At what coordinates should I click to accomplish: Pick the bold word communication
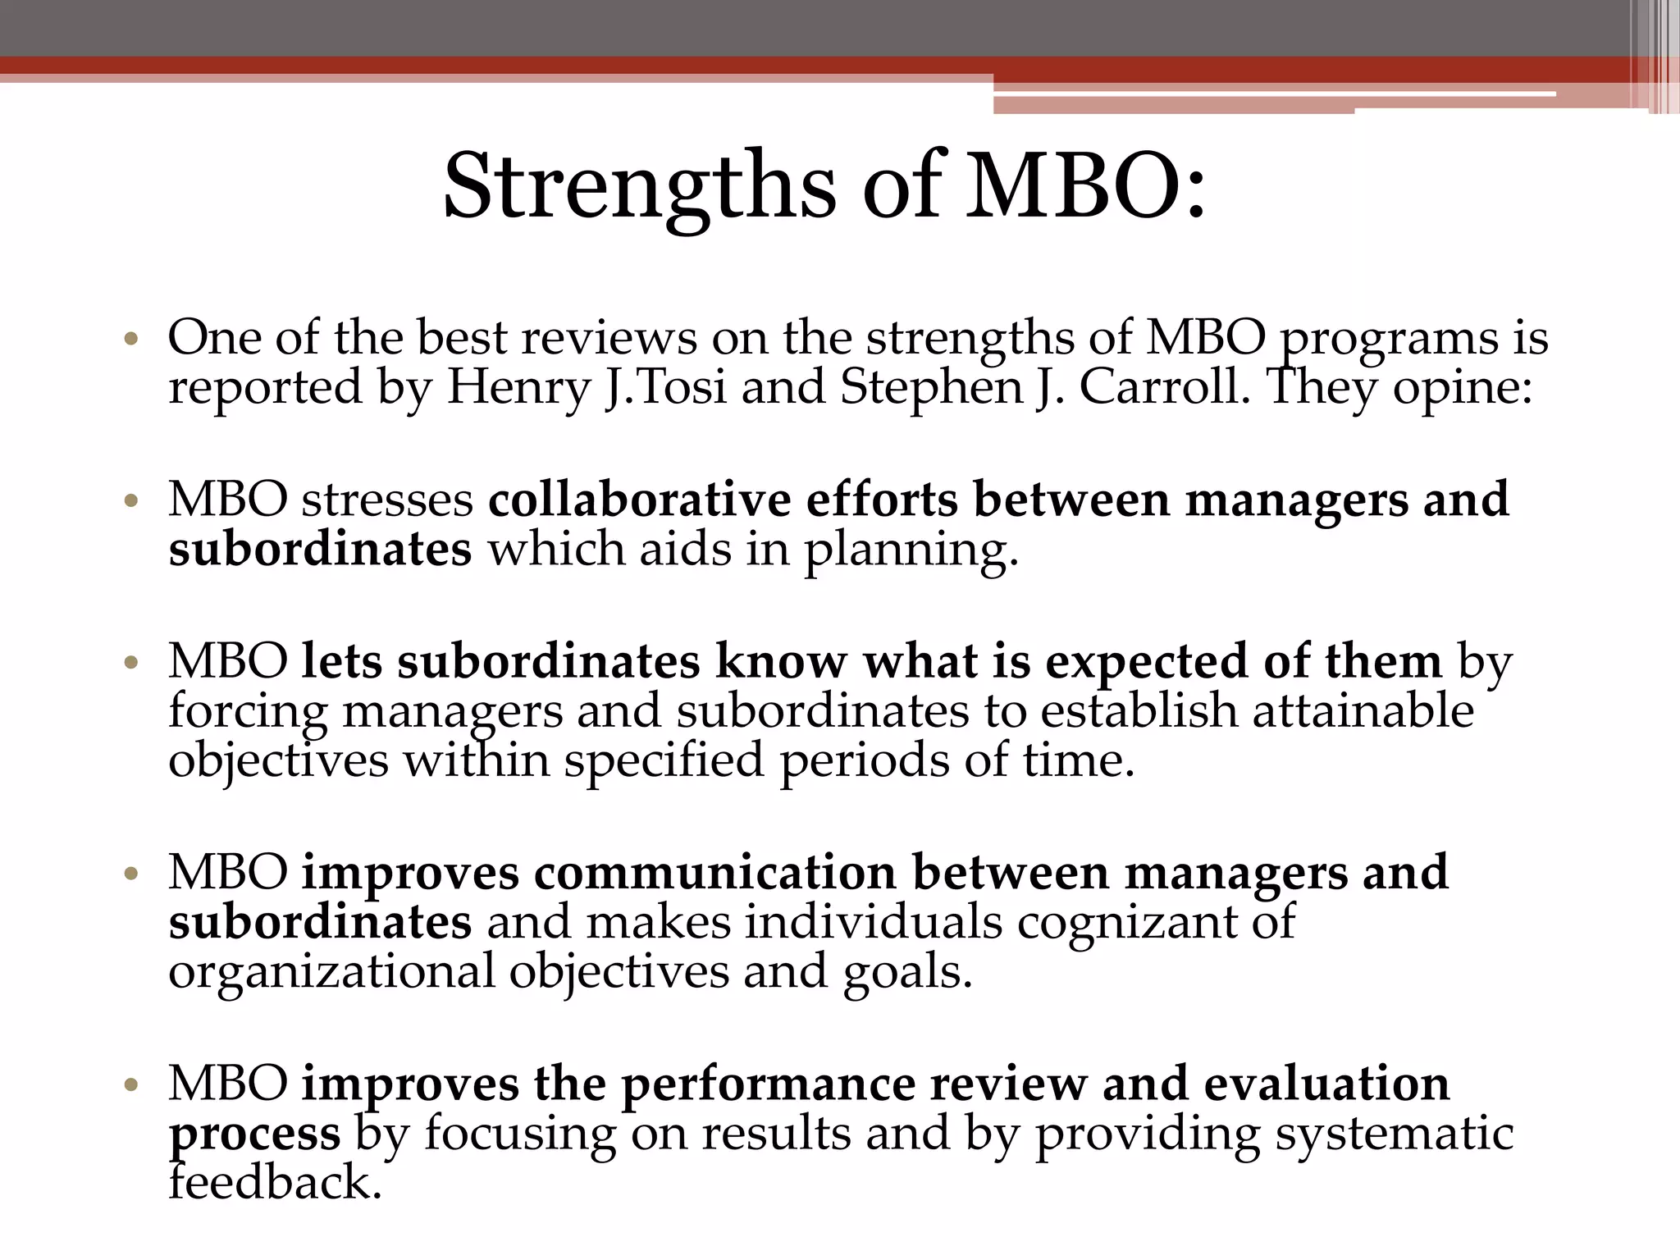pos(714,872)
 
